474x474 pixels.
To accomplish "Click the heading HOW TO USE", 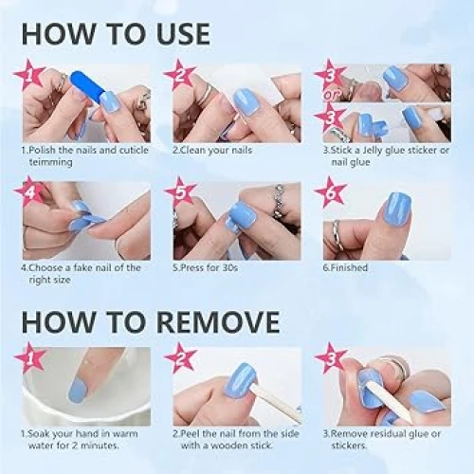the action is [116, 33].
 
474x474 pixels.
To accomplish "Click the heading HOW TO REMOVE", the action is [151, 321].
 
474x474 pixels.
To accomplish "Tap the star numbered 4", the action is [29, 191].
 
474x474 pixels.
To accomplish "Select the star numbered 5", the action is [180, 192].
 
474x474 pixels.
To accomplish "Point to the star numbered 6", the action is [331, 192].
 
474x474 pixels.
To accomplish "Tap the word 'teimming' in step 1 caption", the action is [50, 162].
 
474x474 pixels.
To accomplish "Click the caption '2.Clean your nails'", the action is [212, 150].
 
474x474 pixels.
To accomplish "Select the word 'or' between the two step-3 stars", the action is [330, 95].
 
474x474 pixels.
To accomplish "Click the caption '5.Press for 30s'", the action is [206, 267].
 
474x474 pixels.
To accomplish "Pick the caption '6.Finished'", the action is [345, 267].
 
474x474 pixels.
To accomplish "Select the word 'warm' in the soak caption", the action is [125, 434].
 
